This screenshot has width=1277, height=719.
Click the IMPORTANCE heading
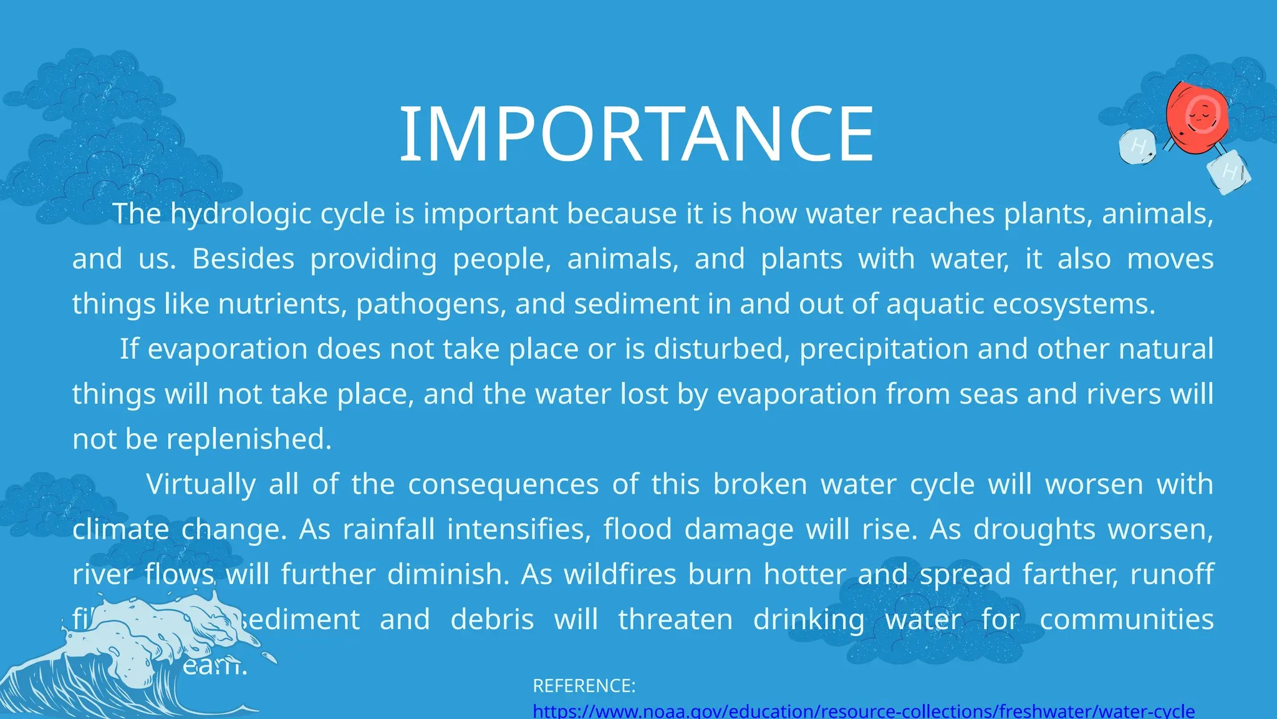coord(637,134)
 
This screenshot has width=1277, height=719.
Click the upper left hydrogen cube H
coord(1137,147)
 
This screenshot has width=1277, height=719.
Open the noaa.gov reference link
coord(864,711)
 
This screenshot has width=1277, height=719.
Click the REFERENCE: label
coord(584,686)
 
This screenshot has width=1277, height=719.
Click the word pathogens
coord(431,304)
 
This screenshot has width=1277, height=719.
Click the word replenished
coord(248,439)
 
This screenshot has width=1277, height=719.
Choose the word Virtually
coord(201,484)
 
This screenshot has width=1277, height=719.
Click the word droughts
coord(1034,529)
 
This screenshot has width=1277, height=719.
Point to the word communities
coord(1126,619)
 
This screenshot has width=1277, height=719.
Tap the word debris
coord(492,619)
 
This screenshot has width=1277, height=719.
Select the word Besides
coord(243,259)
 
